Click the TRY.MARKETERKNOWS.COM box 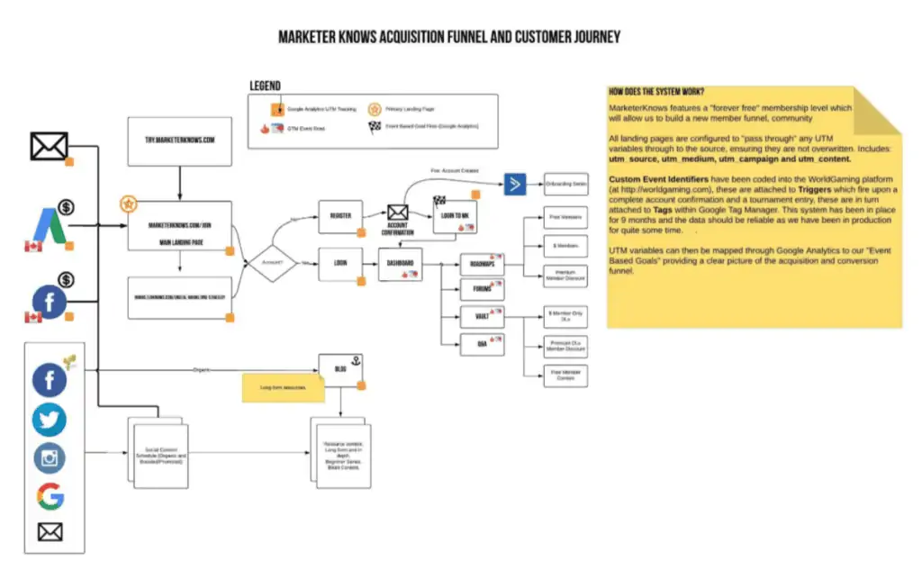180,140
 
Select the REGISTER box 340,216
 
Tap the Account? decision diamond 272,263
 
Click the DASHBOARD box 400,263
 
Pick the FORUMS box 482,290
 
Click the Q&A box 482,343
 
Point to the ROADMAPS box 482,265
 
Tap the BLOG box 340,367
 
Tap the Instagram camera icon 50,457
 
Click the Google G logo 50,495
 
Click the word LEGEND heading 265,86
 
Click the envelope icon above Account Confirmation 398,213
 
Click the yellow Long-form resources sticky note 283,387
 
